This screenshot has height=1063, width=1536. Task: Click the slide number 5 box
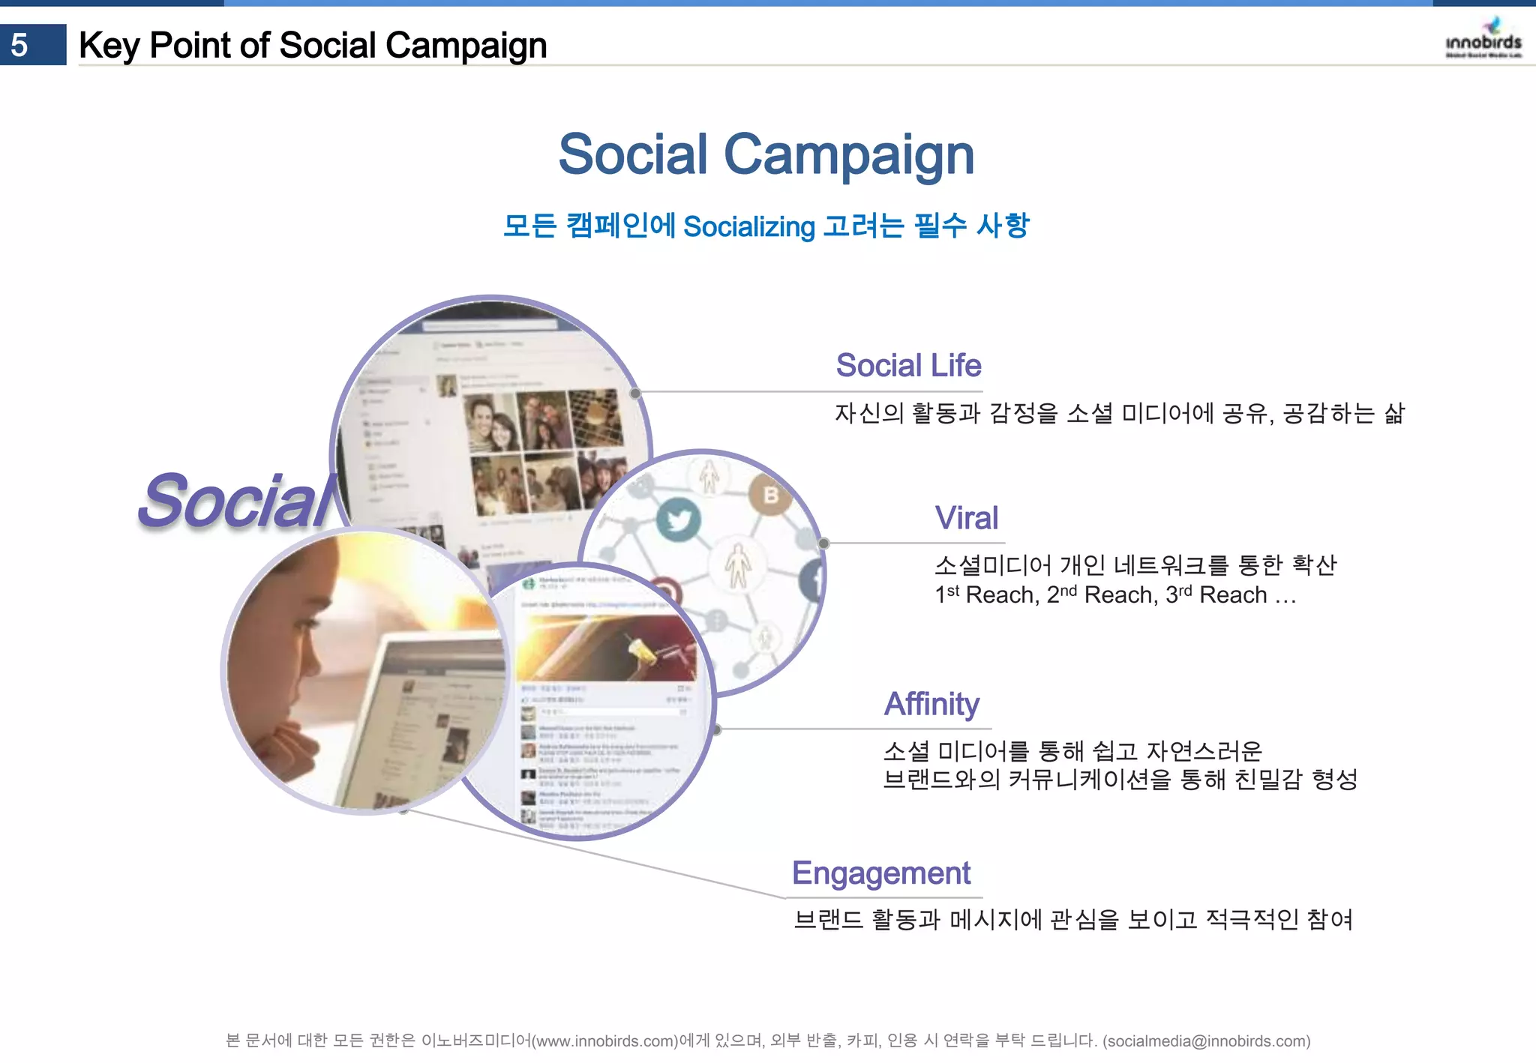coord(33,45)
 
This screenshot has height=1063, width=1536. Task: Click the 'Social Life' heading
coord(908,366)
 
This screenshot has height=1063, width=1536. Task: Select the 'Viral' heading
coord(966,518)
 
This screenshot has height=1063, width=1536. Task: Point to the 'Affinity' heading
coord(931,704)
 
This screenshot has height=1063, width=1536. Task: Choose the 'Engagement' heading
coord(881,873)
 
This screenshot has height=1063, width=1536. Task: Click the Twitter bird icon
coord(679,520)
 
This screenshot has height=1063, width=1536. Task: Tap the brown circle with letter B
coord(770,495)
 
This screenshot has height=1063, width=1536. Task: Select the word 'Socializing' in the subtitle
coord(748,226)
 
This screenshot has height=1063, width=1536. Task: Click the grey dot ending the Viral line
coord(823,543)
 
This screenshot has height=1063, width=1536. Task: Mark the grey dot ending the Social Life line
coord(635,393)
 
